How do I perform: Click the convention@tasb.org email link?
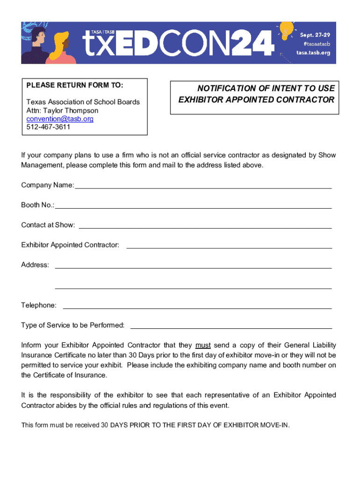(x=60, y=119)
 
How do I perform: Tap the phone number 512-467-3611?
(x=48, y=127)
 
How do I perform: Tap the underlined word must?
(x=203, y=346)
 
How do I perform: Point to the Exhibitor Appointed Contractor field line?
(x=229, y=247)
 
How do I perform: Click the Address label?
(x=35, y=265)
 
